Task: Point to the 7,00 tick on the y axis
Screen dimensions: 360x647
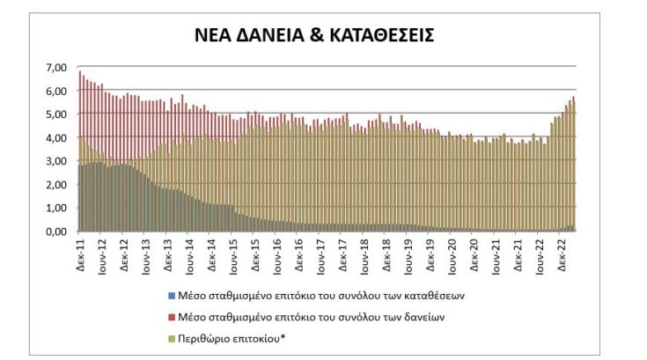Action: [55, 68]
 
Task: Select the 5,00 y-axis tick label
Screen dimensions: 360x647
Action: [55, 114]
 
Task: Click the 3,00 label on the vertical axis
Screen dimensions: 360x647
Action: [55, 161]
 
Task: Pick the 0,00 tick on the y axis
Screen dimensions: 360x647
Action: [55, 231]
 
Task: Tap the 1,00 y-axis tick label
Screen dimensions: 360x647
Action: [55, 208]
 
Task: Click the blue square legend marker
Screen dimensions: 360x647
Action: [169, 295]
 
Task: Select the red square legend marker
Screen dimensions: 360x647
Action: [169, 316]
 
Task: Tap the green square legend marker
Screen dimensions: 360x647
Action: [169, 337]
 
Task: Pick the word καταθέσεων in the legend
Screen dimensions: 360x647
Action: [438, 295]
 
